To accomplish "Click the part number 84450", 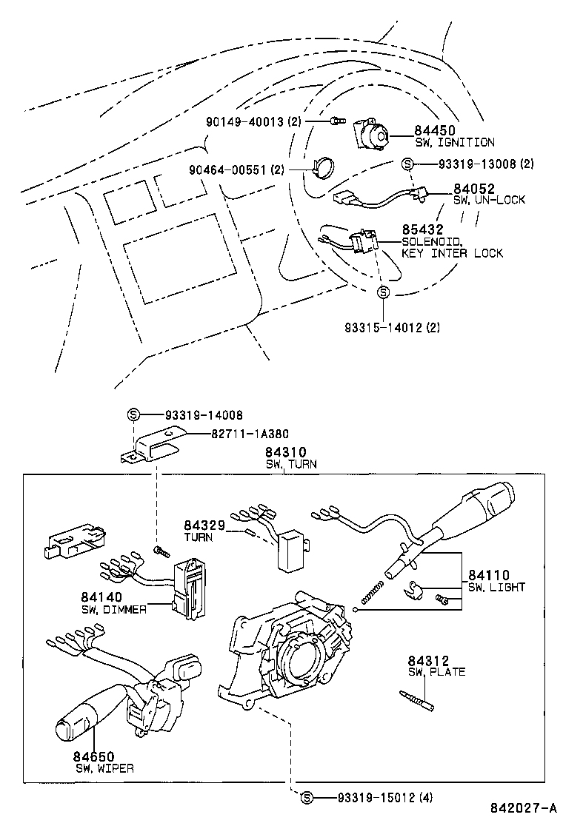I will click(435, 130).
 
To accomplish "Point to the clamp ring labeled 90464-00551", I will click(323, 169).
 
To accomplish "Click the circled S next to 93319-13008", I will click(407, 164).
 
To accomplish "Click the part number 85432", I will click(422, 230).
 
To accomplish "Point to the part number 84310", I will click(286, 452).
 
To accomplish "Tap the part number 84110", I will click(488, 575).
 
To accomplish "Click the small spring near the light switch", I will click(373, 591).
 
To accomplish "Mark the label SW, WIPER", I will click(104, 768).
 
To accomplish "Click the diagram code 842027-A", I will click(522, 807).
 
